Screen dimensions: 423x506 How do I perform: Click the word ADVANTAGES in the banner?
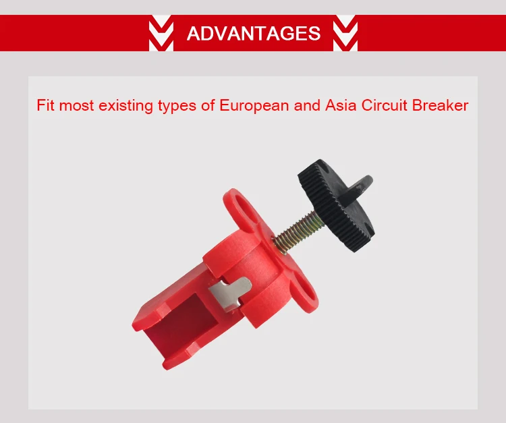pyautogui.click(x=253, y=32)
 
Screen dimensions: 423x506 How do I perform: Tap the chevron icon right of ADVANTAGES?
pyautogui.click(x=345, y=32)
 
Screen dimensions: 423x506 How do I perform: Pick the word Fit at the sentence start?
pyautogui.click(x=45, y=106)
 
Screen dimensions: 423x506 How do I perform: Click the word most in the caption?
pyautogui.click(x=78, y=106)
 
